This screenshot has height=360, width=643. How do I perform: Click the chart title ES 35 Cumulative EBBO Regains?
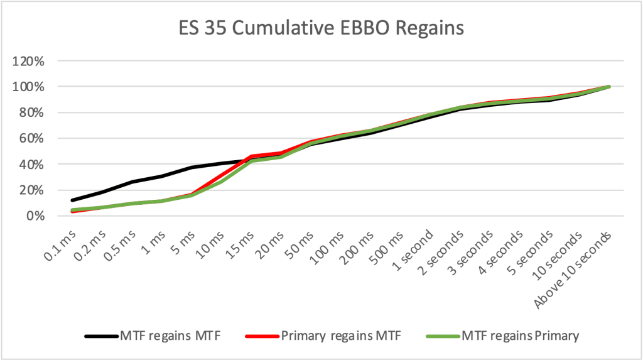point(321,28)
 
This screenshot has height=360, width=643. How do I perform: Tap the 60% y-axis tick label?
point(33,139)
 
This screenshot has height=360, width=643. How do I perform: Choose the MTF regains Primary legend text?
point(519,336)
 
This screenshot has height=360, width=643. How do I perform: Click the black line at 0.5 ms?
point(132,182)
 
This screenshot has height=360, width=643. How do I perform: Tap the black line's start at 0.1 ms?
point(73,200)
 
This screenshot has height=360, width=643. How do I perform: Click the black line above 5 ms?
point(192,168)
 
